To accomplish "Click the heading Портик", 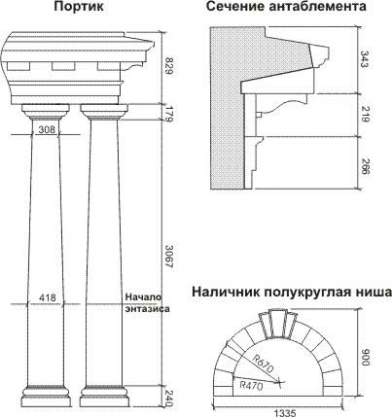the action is (79, 7).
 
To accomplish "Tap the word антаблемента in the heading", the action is (318, 6).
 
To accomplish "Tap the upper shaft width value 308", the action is (47, 129).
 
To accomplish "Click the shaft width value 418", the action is (47, 297).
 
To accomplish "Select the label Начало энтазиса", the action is (147, 302).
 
